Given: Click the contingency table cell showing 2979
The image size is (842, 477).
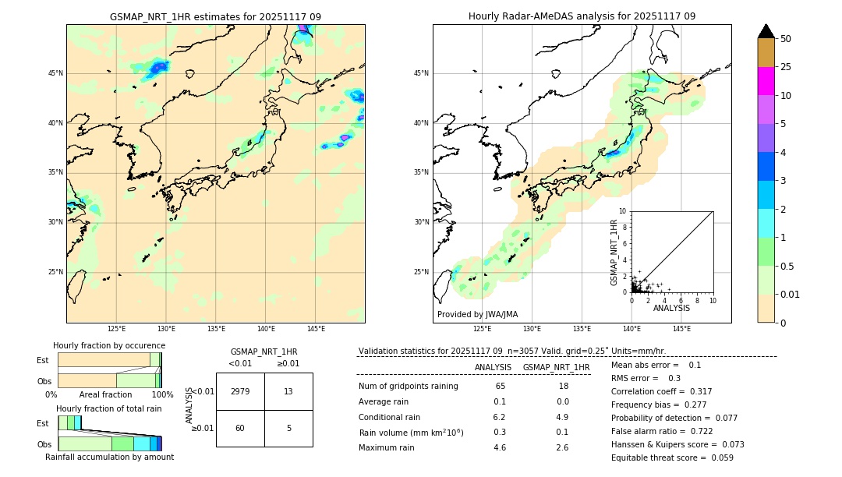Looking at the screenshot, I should coord(240,391).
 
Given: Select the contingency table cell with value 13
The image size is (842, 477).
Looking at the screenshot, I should coord(288,391).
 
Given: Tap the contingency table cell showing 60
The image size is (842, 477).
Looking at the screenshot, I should coord(240,428).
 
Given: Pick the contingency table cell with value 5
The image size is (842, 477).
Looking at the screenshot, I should coord(288,428).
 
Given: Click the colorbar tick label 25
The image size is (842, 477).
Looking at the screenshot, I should coord(786,67).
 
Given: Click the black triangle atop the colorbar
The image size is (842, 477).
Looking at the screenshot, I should coord(766,31).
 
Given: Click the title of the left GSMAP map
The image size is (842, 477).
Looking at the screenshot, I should coord(215,16).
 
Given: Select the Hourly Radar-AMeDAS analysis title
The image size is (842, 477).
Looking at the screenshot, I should coord(582,16).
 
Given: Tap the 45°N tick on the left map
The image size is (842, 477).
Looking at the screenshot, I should coord(56,73).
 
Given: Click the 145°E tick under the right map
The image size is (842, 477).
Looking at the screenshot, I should coord(681,329).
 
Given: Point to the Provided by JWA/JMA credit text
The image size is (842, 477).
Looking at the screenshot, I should coord(477,314).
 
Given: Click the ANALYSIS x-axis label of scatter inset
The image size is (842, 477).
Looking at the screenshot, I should coord(671,308).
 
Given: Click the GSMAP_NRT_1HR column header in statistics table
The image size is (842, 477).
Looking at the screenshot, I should coord(556,367).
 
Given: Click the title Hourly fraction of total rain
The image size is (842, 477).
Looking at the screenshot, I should coord(109,408).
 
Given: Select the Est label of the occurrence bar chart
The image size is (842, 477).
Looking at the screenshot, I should coord(43,360).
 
